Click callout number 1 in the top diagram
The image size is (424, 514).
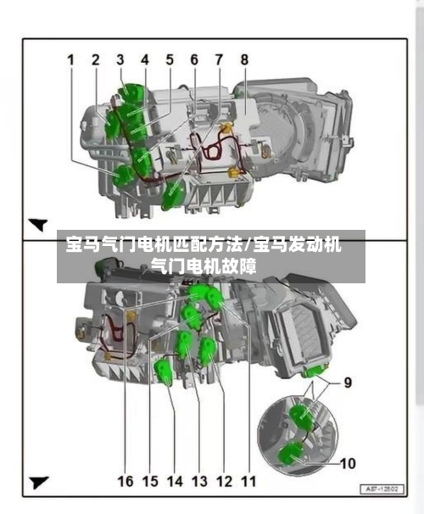[x=70, y=60]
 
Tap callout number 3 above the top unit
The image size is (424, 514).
[x=120, y=59]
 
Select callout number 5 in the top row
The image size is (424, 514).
[x=170, y=59]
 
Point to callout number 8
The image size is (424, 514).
[x=244, y=59]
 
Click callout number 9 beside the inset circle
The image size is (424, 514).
[x=348, y=383]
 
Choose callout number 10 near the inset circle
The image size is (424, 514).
[x=348, y=463]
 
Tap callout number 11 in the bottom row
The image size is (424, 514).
[x=248, y=481]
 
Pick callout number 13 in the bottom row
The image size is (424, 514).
[x=199, y=481]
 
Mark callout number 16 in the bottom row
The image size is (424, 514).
[x=126, y=481]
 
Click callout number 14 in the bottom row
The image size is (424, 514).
[x=175, y=481]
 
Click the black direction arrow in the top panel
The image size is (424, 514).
[x=39, y=224]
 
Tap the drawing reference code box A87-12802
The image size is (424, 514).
[x=382, y=489]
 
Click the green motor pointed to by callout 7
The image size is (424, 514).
[x=173, y=195]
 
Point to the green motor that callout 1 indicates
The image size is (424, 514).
[x=122, y=176]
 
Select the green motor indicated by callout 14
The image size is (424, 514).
[x=163, y=371]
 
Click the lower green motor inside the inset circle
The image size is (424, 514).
[x=290, y=453]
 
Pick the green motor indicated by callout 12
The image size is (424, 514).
[x=208, y=351]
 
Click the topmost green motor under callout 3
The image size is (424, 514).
[x=131, y=93]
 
